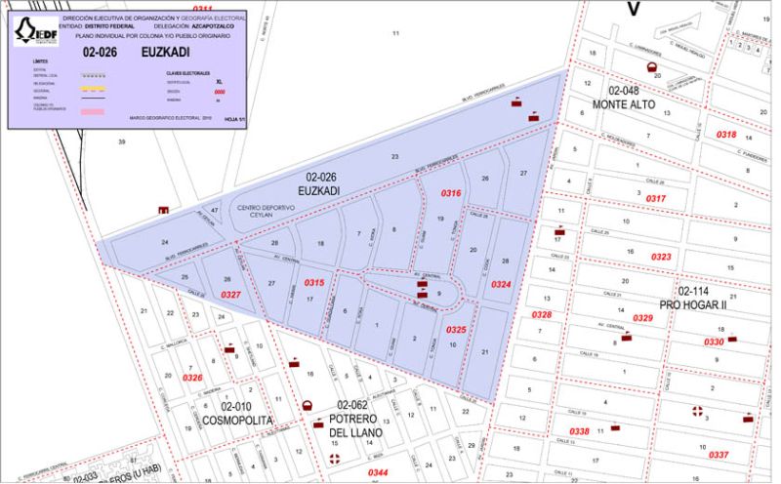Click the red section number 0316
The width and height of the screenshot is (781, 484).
tap(450, 194)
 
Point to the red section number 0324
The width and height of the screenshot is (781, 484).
tap(500, 285)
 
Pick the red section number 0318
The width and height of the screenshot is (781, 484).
tap(726, 134)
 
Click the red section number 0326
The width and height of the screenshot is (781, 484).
tap(191, 378)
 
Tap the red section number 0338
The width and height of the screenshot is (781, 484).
tap(579, 431)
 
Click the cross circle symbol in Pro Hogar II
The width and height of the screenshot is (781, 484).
tap(697, 412)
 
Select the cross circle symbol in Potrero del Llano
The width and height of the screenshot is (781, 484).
tap(336, 459)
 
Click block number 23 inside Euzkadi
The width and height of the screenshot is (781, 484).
tap(395, 156)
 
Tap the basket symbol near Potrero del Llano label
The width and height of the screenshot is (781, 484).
tap(307, 405)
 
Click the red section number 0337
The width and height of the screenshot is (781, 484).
tap(719, 456)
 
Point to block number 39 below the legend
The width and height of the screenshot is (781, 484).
tap(122, 142)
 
